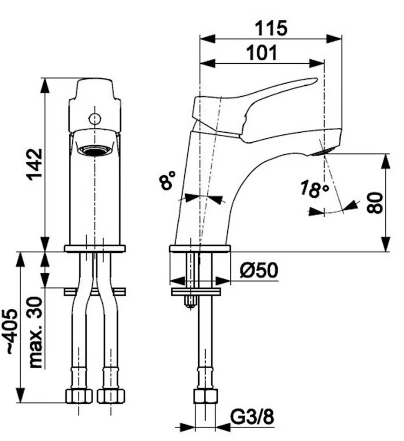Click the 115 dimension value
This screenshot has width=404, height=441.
point(271,28)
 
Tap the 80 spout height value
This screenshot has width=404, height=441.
point(375,203)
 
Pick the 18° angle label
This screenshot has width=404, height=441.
point(314,189)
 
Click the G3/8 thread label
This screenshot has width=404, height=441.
point(252,416)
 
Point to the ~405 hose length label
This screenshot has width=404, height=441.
point(12,332)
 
